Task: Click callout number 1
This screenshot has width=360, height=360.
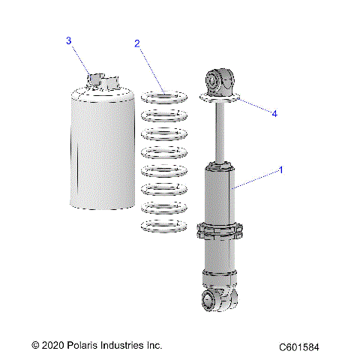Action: coord(280,170)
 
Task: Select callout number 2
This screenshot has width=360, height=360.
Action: coord(137,44)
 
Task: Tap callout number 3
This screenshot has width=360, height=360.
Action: coord(69,40)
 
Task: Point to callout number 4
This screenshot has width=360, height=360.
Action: coord(274,114)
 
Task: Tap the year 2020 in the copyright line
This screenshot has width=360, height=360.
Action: coord(51,346)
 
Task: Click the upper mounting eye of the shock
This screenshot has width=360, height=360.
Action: coord(220,79)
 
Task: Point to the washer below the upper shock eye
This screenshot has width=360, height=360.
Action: coord(220,97)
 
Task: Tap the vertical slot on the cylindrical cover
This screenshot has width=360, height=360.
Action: coord(76,161)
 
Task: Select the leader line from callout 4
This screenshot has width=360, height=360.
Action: coord(255,106)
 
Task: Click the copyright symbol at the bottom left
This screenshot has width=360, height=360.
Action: coord(35,346)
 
